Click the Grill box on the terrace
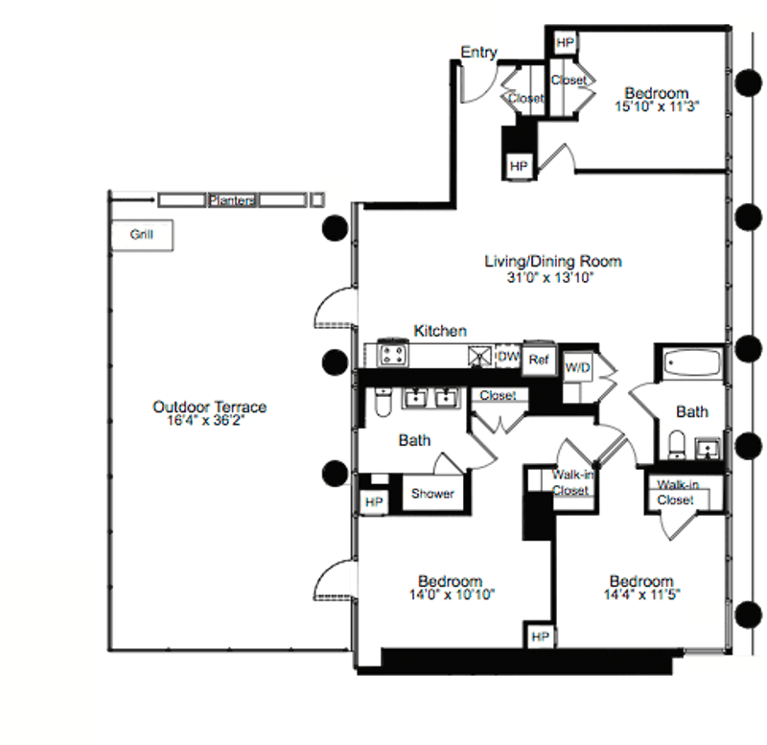[x=142, y=235]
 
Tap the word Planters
[x=232, y=200]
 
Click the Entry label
[x=478, y=52]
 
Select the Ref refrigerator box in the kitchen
[x=539, y=359]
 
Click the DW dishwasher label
[x=508, y=356]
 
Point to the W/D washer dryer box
[x=578, y=367]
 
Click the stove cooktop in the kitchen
[x=393, y=354]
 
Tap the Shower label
[x=432, y=493]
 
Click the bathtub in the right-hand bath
[x=691, y=362]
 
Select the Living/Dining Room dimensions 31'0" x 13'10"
[x=549, y=278]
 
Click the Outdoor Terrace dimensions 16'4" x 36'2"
[x=205, y=420]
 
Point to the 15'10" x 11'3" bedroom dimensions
[x=657, y=106]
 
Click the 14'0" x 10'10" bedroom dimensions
[x=452, y=594]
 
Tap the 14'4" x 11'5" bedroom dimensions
[x=641, y=594]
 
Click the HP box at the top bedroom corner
[x=565, y=42]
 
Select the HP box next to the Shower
[x=374, y=501]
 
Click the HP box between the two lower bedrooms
[x=540, y=636]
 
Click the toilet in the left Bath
[x=383, y=402]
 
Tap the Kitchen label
[x=440, y=331]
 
